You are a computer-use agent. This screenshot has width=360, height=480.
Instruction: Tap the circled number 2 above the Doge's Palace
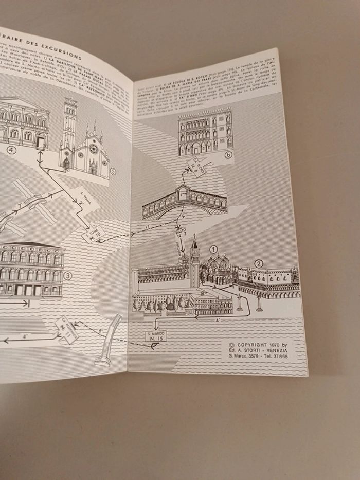pos(259,263)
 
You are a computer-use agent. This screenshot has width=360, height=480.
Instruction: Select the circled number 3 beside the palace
pos(67,276)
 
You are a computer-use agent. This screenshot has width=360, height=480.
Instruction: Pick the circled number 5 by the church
pos(113,171)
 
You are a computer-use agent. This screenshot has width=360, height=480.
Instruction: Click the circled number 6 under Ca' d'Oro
pos(228,154)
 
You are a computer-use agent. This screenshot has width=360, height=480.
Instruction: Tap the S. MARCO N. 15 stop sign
pos(156,336)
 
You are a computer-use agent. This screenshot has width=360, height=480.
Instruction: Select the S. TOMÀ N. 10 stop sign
pos(93,235)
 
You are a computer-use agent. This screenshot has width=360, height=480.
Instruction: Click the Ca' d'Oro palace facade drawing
pos(205,132)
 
